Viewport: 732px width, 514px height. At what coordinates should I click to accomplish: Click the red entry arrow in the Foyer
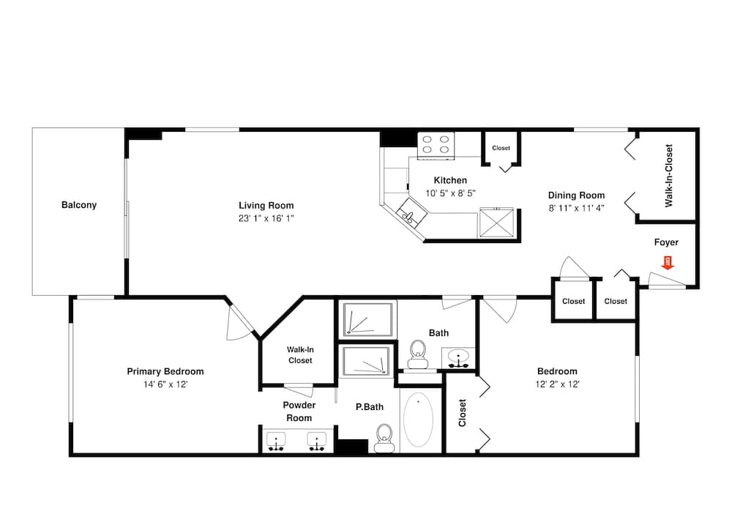click(668, 262)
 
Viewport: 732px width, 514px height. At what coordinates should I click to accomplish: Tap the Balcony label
click(79, 205)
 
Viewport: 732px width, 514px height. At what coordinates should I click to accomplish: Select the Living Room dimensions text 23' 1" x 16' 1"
click(266, 218)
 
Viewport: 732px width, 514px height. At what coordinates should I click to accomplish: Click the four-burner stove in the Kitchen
click(436, 146)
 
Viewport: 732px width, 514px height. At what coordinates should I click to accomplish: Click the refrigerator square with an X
click(496, 222)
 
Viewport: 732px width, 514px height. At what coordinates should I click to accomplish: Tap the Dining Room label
click(576, 195)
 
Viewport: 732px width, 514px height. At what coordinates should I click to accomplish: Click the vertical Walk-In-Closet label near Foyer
click(669, 176)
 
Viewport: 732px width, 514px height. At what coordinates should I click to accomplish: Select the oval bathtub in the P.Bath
click(418, 420)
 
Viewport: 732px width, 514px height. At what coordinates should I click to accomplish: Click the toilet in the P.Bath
click(384, 438)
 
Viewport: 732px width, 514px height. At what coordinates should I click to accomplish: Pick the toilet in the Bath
click(417, 354)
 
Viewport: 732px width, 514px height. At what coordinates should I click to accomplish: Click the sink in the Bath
click(458, 358)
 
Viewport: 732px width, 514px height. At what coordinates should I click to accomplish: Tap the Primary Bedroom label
click(165, 372)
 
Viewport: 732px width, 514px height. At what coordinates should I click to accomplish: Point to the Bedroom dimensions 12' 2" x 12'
click(557, 384)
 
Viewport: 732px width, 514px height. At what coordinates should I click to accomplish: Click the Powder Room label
click(299, 411)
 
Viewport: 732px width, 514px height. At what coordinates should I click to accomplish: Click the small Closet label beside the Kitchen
click(501, 148)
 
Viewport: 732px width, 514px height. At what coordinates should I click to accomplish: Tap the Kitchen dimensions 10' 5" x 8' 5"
click(450, 193)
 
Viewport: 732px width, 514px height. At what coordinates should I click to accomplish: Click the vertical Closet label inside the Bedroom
click(462, 413)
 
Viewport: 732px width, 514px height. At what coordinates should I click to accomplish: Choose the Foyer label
click(666, 242)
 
